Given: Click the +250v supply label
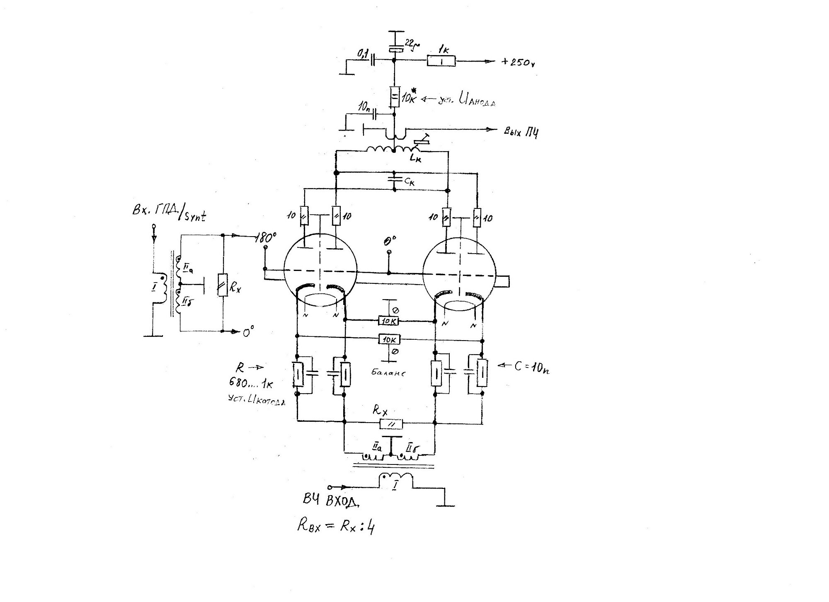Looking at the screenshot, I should point(519,63).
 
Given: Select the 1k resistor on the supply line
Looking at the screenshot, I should point(441,61).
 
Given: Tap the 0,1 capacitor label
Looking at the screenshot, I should point(364,53).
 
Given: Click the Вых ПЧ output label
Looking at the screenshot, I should point(521,132).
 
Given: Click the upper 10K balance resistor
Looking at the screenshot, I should point(389,321).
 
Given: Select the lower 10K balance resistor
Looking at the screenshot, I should point(389,340).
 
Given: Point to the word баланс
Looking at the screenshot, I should point(388,372).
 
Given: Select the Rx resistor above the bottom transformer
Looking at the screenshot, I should point(391,423).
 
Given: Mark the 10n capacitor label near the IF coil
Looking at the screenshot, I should point(365,106).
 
